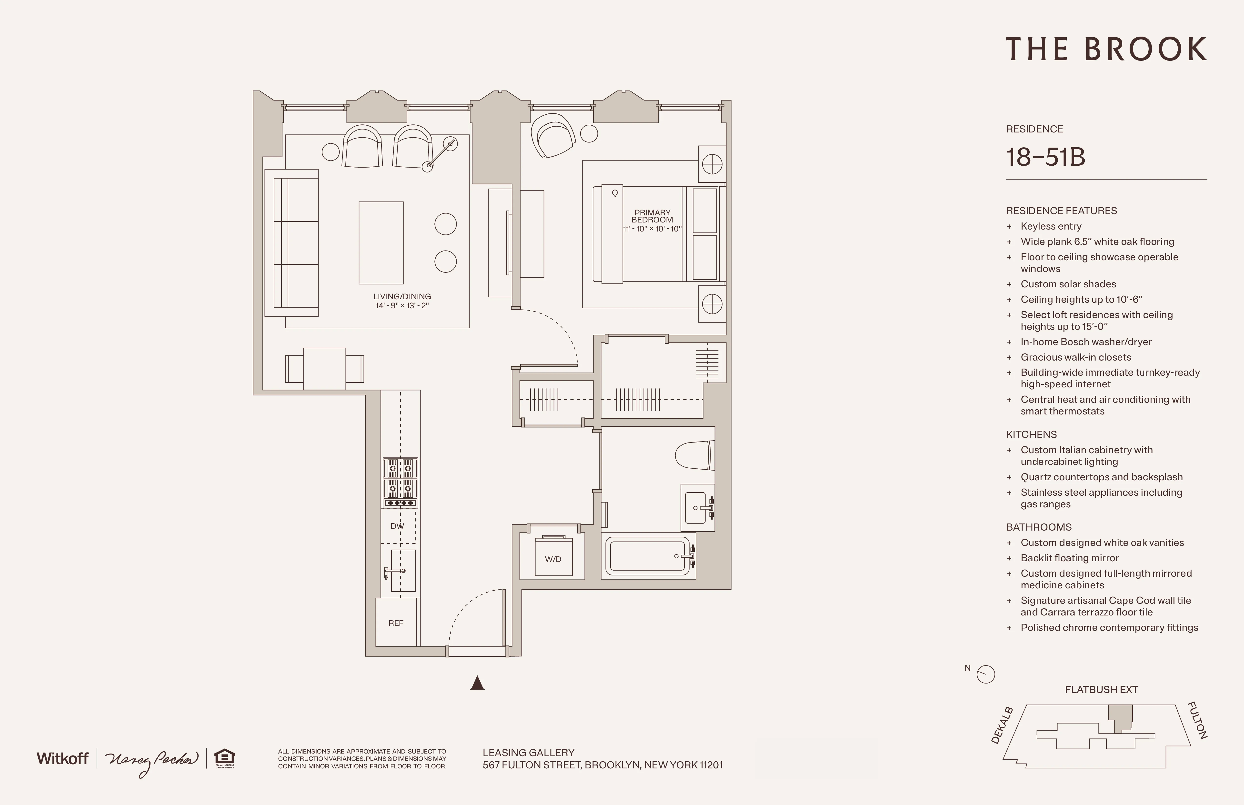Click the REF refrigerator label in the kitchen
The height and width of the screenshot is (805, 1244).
click(396, 623)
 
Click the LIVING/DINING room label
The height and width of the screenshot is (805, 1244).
click(402, 296)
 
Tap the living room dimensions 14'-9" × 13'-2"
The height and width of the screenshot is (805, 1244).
click(402, 306)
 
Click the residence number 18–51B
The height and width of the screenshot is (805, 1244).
click(1045, 157)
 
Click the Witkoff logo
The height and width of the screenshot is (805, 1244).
click(62, 758)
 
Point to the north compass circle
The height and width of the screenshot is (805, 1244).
click(986, 674)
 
